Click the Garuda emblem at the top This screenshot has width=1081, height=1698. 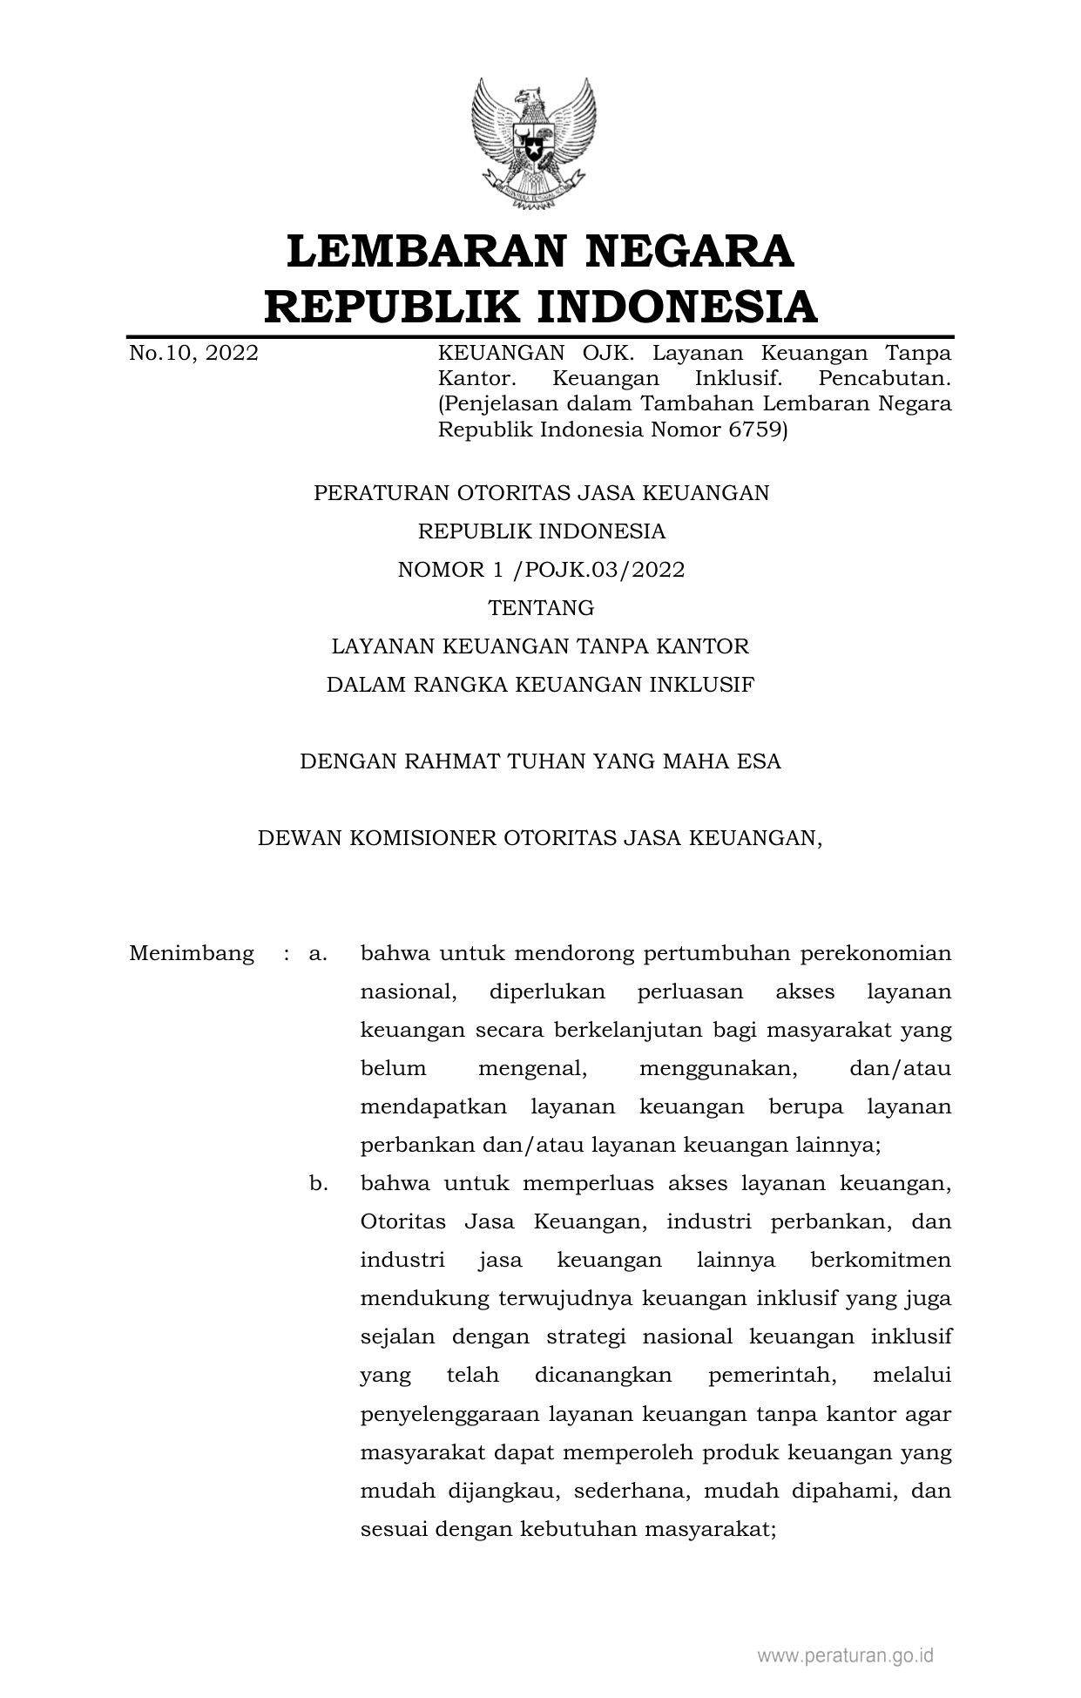tap(533, 144)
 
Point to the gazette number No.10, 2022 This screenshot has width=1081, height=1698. tap(193, 354)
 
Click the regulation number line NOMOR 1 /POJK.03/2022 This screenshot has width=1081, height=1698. tap(541, 570)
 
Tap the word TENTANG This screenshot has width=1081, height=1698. tap(541, 608)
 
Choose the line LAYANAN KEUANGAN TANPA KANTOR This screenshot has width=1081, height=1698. tap(540, 646)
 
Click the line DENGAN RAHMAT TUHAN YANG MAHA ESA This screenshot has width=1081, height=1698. tap(540, 761)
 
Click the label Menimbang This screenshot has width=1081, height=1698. tap(192, 953)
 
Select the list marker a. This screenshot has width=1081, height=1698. tap(317, 954)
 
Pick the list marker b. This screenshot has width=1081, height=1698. tap(318, 1184)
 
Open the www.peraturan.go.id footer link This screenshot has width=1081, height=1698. tap(845, 1655)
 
